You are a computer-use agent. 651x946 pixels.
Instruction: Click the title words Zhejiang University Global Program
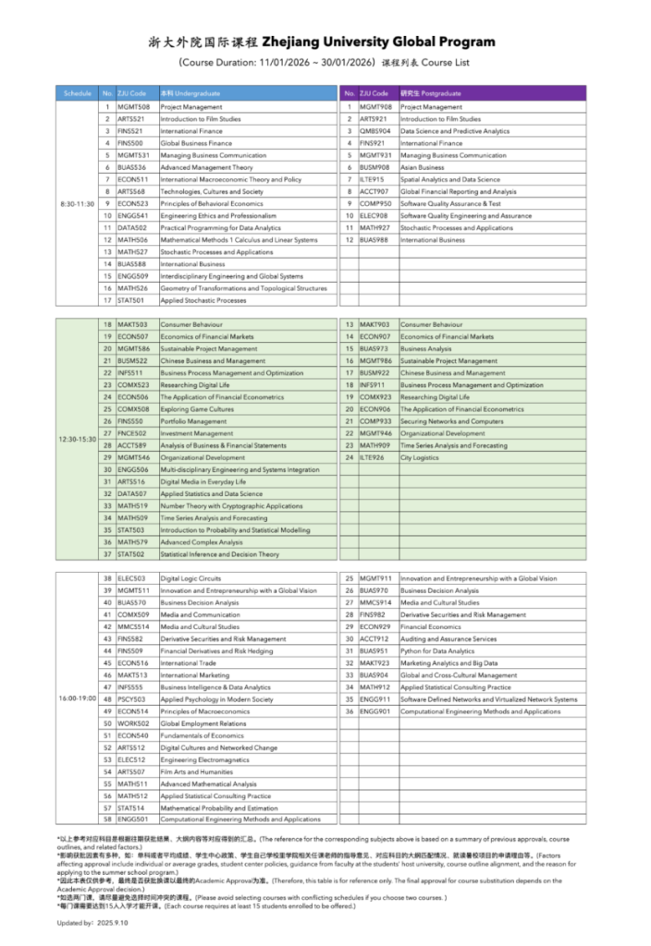(378, 42)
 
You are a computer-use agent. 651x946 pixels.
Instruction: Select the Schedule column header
(78, 94)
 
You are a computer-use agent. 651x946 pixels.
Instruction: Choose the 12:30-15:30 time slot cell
(78, 439)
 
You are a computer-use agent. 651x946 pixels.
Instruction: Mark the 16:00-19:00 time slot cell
(78, 698)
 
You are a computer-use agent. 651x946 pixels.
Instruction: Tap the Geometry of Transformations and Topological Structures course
(243, 288)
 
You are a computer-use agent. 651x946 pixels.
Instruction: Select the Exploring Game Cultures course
(197, 409)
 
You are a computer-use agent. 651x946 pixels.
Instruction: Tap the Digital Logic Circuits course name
(190, 578)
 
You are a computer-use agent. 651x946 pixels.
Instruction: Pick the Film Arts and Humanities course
(197, 771)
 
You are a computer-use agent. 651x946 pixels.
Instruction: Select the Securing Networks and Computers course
(452, 421)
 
